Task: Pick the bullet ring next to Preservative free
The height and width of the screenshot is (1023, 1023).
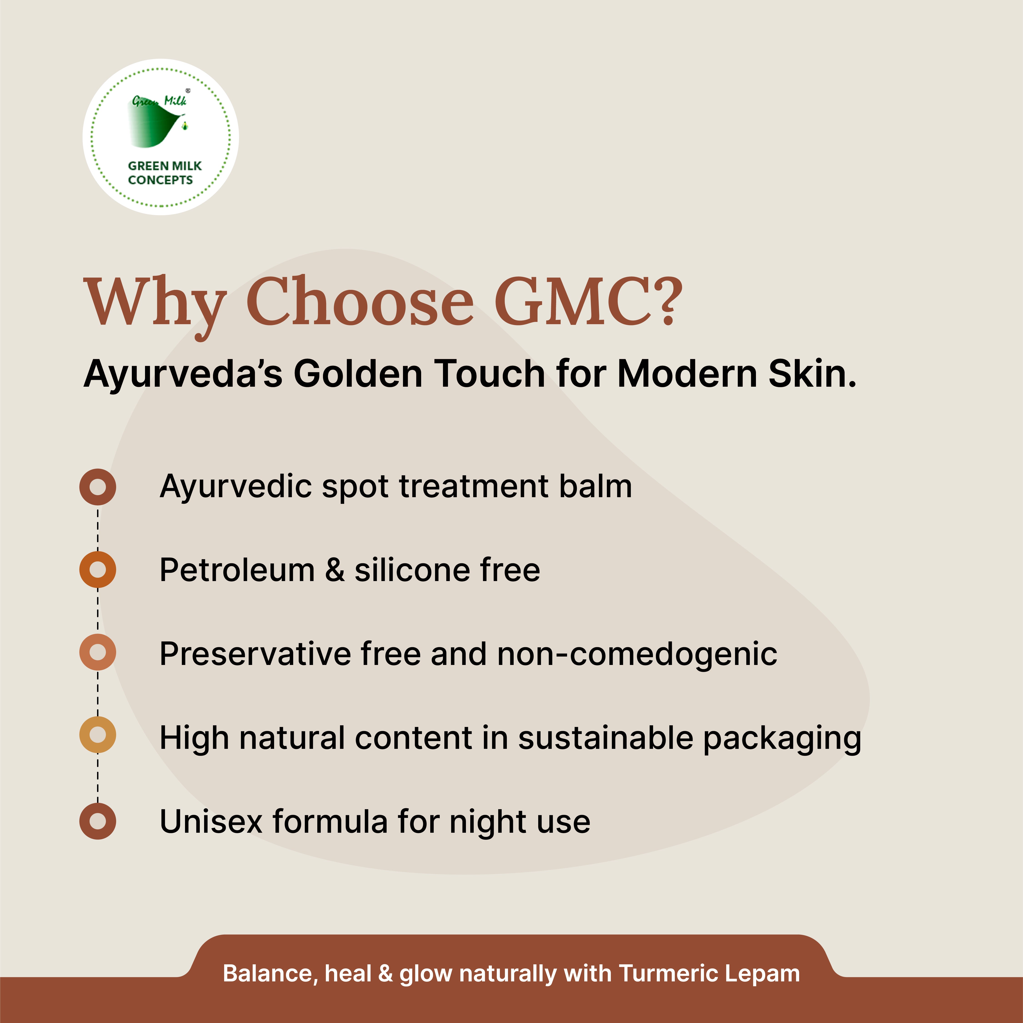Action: click(x=98, y=652)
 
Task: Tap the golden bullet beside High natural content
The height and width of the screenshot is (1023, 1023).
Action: click(x=98, y=735)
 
